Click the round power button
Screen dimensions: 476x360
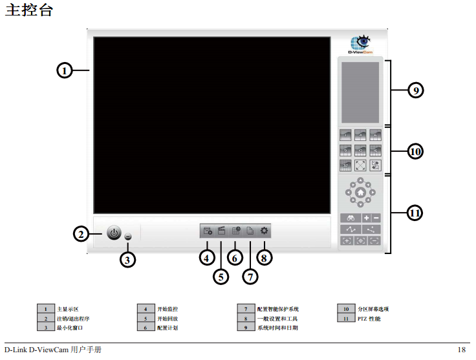[114, 233]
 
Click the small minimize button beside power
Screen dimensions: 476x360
[128, 237]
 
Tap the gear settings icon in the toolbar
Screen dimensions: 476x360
[264, 231]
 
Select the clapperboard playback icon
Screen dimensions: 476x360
[221, 231]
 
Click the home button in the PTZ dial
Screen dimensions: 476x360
[360, 193]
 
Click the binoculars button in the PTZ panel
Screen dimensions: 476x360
[351, 218]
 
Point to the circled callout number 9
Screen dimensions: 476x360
[416, 90]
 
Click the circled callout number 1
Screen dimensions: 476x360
[65, 70]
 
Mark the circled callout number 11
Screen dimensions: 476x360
[415, 213]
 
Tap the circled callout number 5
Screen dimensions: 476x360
[221, 277]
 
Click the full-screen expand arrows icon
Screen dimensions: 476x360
[360, 165]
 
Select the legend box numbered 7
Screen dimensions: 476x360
[246, 309]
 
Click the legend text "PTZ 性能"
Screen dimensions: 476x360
[369, 319]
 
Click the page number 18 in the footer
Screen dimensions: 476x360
[461, 350]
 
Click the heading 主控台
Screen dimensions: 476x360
[29, 10]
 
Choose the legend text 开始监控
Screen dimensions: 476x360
[168, 309]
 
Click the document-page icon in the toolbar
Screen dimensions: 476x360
[250, 231]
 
